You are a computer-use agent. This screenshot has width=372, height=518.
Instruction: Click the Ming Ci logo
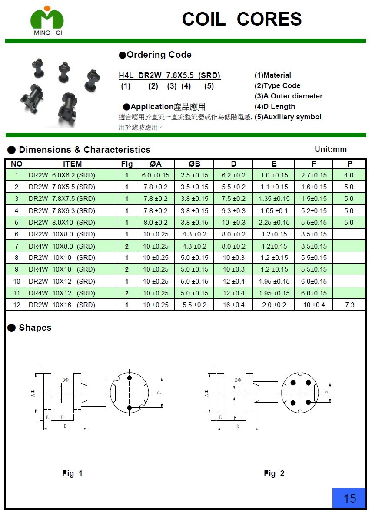point(47,21)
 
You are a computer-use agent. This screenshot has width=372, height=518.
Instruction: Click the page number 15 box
point(349,498)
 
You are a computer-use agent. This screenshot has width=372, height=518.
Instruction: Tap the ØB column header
point(194,164)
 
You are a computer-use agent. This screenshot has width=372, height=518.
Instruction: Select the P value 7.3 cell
point(349,305)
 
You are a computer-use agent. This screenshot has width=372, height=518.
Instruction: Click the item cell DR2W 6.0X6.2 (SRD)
point(62,175)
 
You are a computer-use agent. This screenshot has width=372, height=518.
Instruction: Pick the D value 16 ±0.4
point(233,305)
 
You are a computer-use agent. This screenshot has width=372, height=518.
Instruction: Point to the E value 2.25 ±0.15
point(274,223)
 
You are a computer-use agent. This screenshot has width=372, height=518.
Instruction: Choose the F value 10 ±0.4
point(314,305)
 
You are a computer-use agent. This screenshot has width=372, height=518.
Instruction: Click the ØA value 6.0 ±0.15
point(156,175)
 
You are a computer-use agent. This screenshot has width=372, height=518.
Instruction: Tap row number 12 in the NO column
point(17,305)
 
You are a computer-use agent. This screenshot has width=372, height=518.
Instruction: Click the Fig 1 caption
point(72,473)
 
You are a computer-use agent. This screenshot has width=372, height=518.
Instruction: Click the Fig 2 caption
point(274,473)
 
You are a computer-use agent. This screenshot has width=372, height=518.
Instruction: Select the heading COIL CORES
point(242,19)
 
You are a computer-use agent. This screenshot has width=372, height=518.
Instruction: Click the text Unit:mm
point(331,149)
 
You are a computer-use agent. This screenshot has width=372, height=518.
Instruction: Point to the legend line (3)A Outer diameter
point(289,96)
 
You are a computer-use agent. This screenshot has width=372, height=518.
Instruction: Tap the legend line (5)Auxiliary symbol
point(288,117)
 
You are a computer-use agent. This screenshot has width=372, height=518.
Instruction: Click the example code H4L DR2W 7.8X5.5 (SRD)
point(169,75)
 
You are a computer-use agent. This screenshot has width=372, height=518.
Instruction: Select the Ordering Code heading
point(155,55)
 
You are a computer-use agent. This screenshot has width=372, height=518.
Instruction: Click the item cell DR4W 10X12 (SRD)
point(62,293)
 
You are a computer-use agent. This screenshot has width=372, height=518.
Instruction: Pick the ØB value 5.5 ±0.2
point(194,305)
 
